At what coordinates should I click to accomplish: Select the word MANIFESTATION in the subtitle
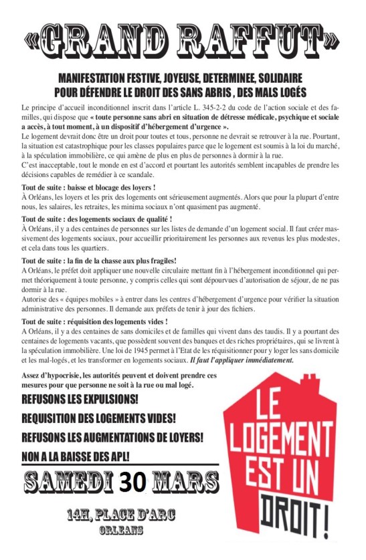[x=100, y=78]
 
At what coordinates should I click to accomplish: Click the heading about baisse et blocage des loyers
[x=84, y=187]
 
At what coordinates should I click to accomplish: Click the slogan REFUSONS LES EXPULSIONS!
[x=80, y=400]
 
